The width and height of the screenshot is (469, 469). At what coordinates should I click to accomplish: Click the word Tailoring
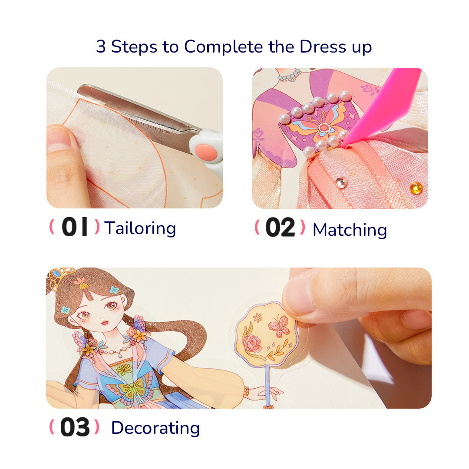(x=140, y=228)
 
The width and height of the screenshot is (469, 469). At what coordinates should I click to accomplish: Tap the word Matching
(x=350, y=230)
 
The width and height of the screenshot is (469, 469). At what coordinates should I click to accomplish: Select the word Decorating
(x=155, y=428)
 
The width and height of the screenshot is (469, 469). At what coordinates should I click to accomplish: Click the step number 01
(x=75, y=228)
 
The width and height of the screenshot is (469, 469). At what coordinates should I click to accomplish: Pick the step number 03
(x=75, y=428)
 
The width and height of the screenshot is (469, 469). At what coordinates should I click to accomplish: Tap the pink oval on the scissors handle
(x=206, y=152)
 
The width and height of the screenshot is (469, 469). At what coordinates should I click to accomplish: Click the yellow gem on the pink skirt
(x=416, y=188)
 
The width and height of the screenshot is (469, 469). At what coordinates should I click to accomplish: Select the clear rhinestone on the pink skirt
(x=341, y=182)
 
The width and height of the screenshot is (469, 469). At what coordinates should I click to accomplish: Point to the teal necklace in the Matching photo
(x=289, y=76)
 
